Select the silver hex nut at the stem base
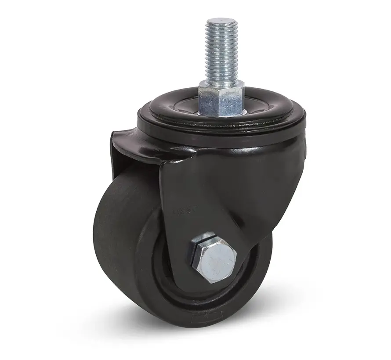pos(220,97)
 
